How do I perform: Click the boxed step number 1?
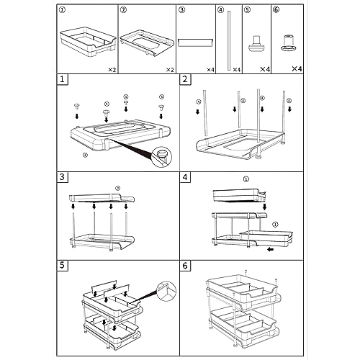coord(62,79)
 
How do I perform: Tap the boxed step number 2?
coord(185,79)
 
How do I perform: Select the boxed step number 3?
coord(62,177)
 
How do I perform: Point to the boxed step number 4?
coord(185,177)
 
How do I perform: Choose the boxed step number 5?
coord(62,265)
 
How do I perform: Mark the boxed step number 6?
coord(185,266)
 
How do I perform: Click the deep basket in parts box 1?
coord(88,42)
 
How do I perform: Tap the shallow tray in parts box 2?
coord(147,43)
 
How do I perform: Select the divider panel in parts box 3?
coord(196,42)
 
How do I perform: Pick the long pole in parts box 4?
coord(229,40)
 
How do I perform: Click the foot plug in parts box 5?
coord(256,43)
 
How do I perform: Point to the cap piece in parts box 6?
coord(288,43)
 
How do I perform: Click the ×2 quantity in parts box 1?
coord(112,70)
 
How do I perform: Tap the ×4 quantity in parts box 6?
coord(297,68)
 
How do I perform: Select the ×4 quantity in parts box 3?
coord(210,70)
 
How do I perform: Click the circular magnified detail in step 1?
coord(162,157)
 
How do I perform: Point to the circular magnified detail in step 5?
coord(166,291)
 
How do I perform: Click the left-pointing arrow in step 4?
coord(271,250)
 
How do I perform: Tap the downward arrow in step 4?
coord(265,207)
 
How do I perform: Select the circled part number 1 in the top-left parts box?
coord(62,10)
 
